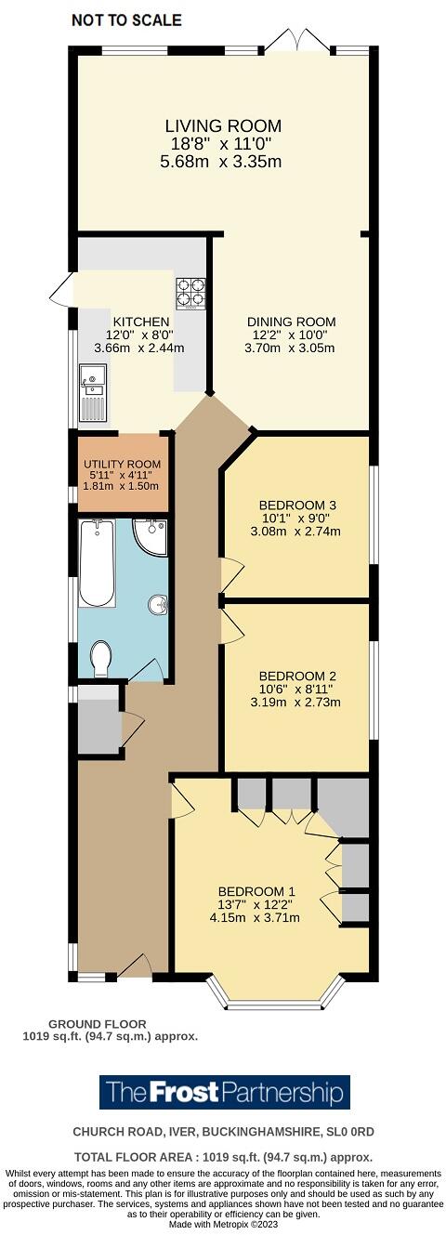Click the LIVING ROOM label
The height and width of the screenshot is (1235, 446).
[x=223, y=125]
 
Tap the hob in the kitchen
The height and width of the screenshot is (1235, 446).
[x=190, y=293]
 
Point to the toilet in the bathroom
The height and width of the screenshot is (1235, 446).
[x=101, y=660]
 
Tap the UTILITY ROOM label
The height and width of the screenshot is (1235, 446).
[x=122, y=464]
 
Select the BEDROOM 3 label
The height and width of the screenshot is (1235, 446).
[x=296, y=506]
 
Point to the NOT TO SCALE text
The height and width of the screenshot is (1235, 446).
[x=126, y=20]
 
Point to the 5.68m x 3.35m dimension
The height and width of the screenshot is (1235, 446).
[x=221, y=162]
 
